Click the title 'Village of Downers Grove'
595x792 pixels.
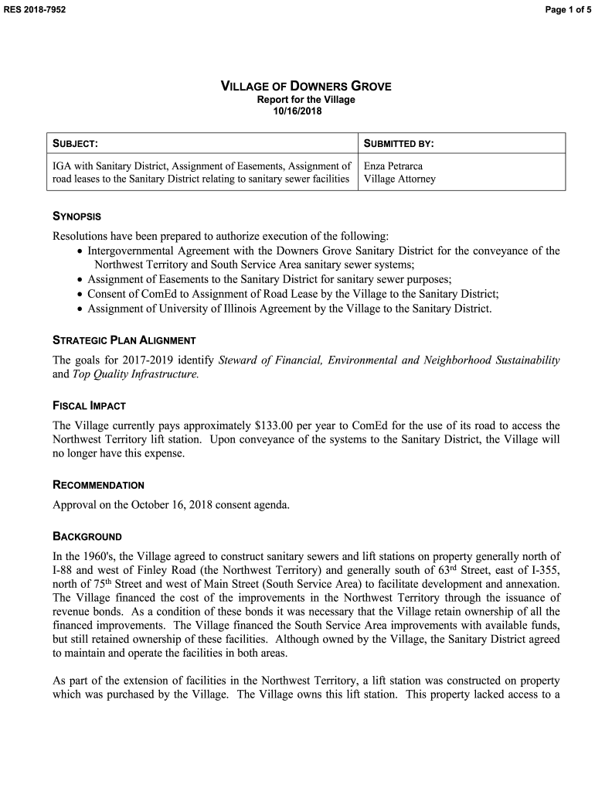(306, 87)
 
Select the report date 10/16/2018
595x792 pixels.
(297, 111)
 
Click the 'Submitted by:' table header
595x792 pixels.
(399, 144)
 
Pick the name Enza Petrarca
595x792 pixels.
(393, 166)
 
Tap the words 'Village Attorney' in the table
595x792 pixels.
(399, 179)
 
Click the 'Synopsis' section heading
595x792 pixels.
(76, 217)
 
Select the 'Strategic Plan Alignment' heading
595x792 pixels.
(124, 340)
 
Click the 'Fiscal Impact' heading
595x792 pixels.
(89, 406)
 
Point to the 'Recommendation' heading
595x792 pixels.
(98, 485)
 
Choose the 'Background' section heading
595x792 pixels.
(87, 536)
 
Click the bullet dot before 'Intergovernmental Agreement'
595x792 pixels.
(80, 252)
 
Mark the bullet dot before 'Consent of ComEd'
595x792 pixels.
(80, 295)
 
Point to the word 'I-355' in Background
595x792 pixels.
(546, 570)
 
